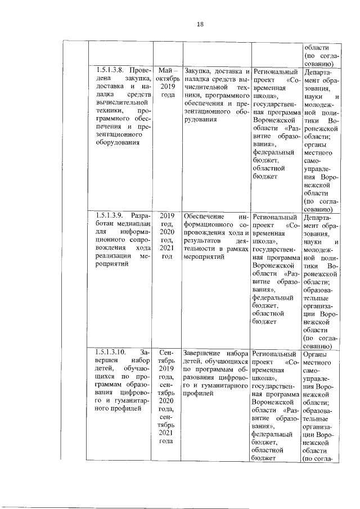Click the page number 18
click(200, 24)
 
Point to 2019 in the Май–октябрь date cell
click(164, 87)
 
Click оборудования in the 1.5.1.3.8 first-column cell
click(120, 144)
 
